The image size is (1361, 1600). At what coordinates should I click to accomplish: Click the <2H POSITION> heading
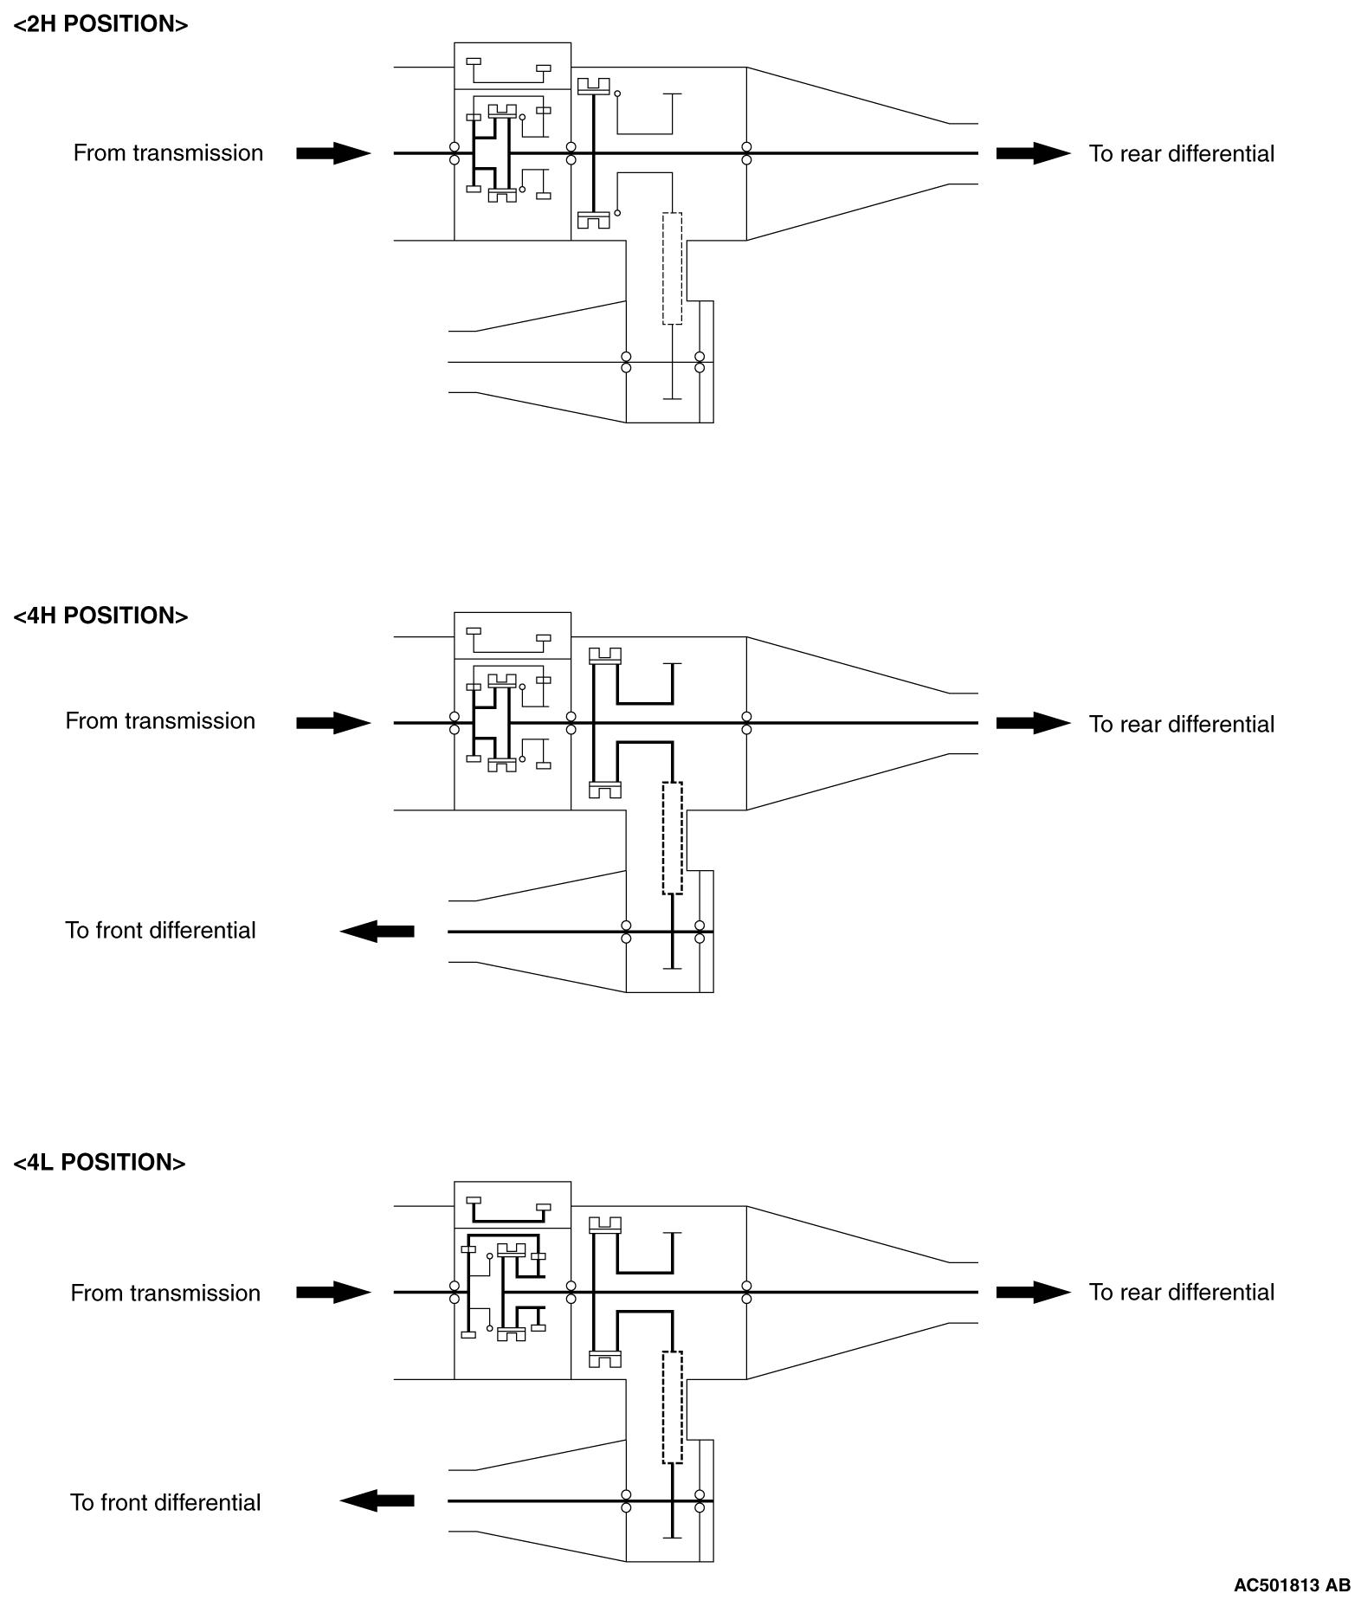pos(100,24)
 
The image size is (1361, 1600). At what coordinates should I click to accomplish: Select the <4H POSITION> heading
pos(100,616)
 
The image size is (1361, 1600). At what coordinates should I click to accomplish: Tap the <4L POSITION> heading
pos(100,1162)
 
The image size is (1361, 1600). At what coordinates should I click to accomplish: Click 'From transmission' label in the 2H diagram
pos(168,153)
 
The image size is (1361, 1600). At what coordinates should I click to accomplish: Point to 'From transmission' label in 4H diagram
pos(160,721)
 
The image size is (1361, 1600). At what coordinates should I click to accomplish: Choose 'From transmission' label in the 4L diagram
pos(165,1293)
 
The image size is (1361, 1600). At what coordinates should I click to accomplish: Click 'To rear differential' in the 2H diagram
pos(1181,154)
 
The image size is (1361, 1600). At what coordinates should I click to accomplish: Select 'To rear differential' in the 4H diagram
pos(1181,724)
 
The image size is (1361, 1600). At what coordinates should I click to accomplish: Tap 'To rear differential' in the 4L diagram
pos(1181,1292)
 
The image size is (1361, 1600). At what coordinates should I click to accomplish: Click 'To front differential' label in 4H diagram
pos(160,930)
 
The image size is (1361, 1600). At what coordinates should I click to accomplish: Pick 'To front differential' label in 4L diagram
pos(165,1501)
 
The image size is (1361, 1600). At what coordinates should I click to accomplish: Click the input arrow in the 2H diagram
pos(333,154)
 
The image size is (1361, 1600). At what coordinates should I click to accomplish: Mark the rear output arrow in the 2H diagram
pos(1033,154)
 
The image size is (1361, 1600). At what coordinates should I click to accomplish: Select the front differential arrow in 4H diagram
pos(377,932)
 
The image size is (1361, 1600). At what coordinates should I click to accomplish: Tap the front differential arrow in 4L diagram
pos(377,1500)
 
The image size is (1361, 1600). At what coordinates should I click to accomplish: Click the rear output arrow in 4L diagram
pos(1033,1293)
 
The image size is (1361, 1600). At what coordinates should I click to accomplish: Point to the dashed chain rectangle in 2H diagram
pos(672,268)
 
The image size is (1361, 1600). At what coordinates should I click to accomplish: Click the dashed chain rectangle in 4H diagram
pos(672,837)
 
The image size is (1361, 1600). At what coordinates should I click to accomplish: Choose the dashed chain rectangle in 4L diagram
pos(672,1407)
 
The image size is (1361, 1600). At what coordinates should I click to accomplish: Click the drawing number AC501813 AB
pos(1291,1584)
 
